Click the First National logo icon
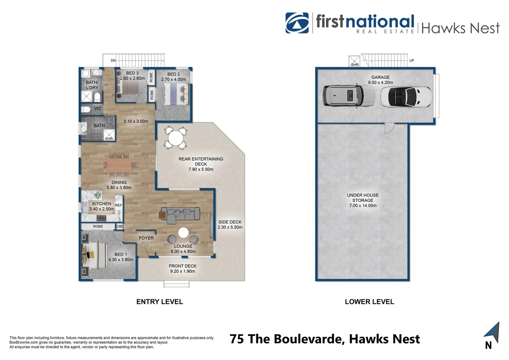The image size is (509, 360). click(x=297, y=23)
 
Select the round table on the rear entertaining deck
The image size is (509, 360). click(x=175, y=137)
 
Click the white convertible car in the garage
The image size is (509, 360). click(x=406, y=97)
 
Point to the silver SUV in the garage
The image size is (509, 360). click(x=348, y=96)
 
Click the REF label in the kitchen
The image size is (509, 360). click(x=118, y=205)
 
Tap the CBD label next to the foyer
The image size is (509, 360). click(x=120, y=226)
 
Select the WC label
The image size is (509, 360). click(x=98, y=109)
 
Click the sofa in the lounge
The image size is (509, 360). click(x=180, y=215)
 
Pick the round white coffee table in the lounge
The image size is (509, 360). click(x=183, y=232)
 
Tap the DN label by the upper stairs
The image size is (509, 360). click(x=113, y=61)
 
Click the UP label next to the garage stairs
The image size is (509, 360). click(x=412, y=61)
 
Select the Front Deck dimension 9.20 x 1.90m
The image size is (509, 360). click(x=183, y=271)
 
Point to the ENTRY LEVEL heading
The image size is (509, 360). click(x=160, y=302)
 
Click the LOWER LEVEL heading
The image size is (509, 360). click(x=369, y=302)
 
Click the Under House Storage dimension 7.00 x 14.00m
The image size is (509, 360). click(x=363, y=206)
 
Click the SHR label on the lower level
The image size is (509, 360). click(x=355, y=65)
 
